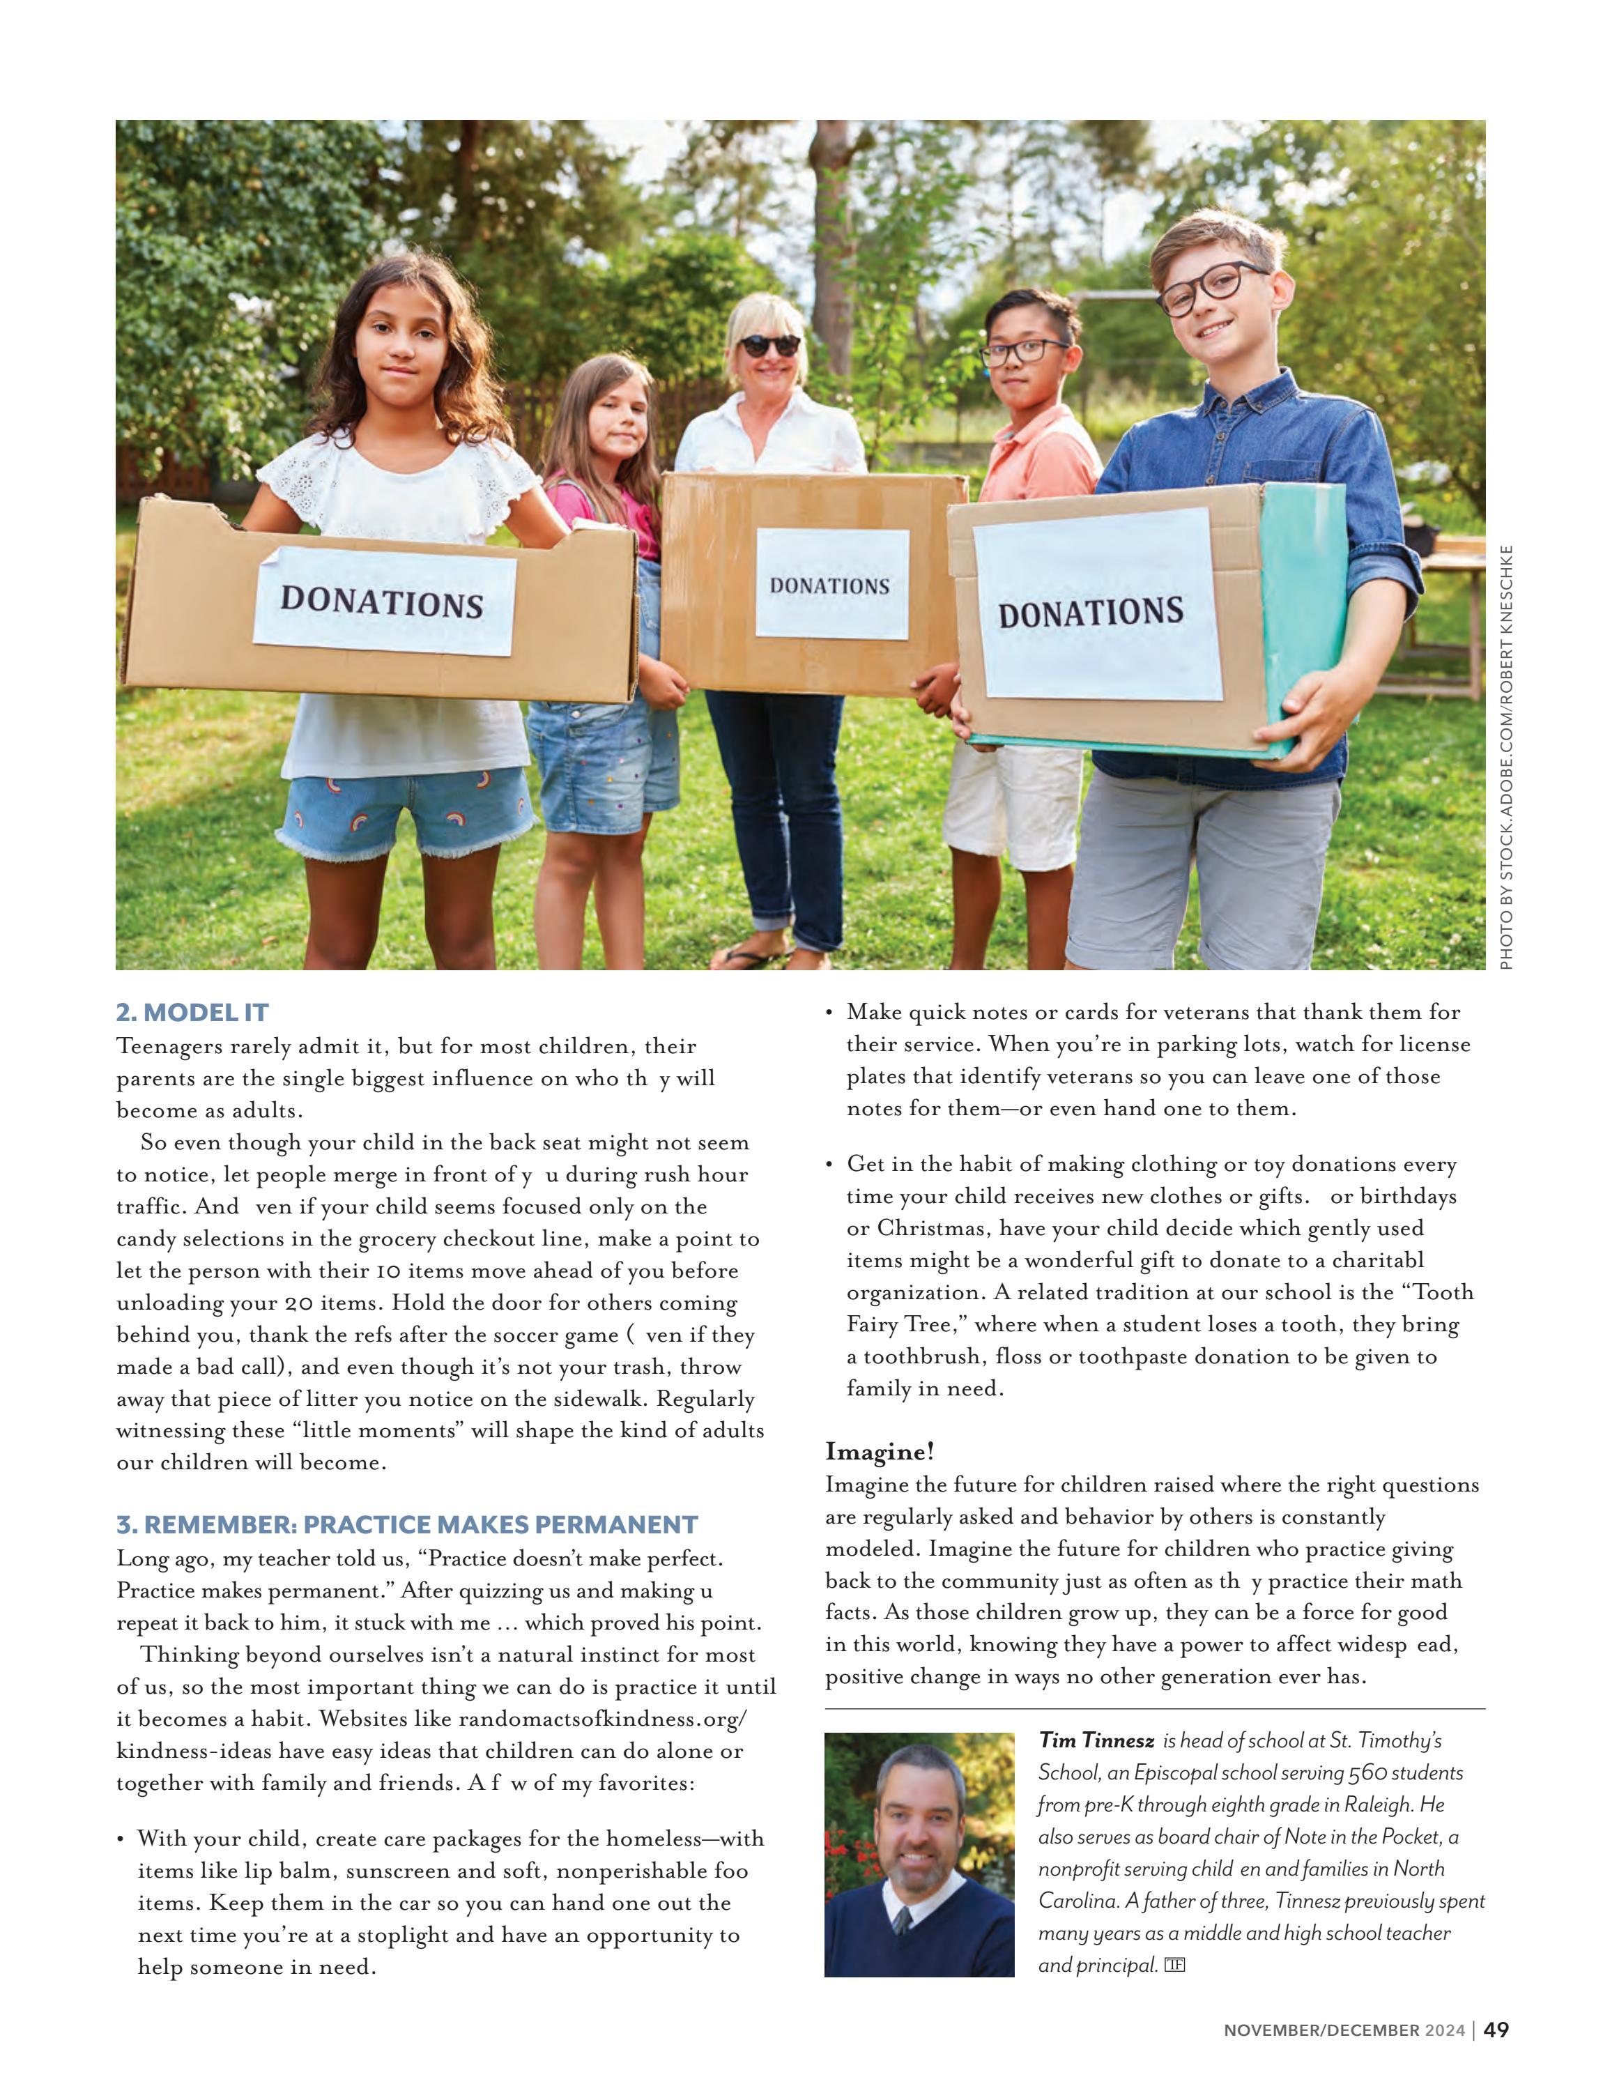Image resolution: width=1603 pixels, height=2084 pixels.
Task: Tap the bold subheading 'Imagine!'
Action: pyautogui.click(x=879, y=1451)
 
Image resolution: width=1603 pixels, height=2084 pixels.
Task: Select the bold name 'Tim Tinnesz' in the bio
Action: pyautogui.click(x=1096, y=1740)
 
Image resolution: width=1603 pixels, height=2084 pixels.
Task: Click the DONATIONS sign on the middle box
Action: pyautogui.click(x=829, y=585)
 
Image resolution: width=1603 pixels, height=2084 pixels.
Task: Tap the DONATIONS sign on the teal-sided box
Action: pyautogui.click(x=1091, y=612)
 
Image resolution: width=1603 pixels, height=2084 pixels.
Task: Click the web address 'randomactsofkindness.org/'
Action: pyautogui.click(x=602, y=1719)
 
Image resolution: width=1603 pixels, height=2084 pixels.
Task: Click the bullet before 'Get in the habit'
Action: pyautogui.click(x=829, y=1164)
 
